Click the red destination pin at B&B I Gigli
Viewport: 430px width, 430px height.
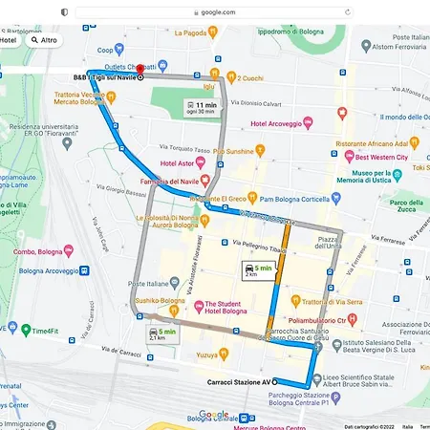(x=140, y=69)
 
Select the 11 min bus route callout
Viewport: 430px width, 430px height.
(x=204, y=108)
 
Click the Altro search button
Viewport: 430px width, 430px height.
(x=44, y=41)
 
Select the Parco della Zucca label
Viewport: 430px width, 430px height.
(x=407, y=206)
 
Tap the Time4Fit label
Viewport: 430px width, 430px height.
(x=43, y=331)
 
